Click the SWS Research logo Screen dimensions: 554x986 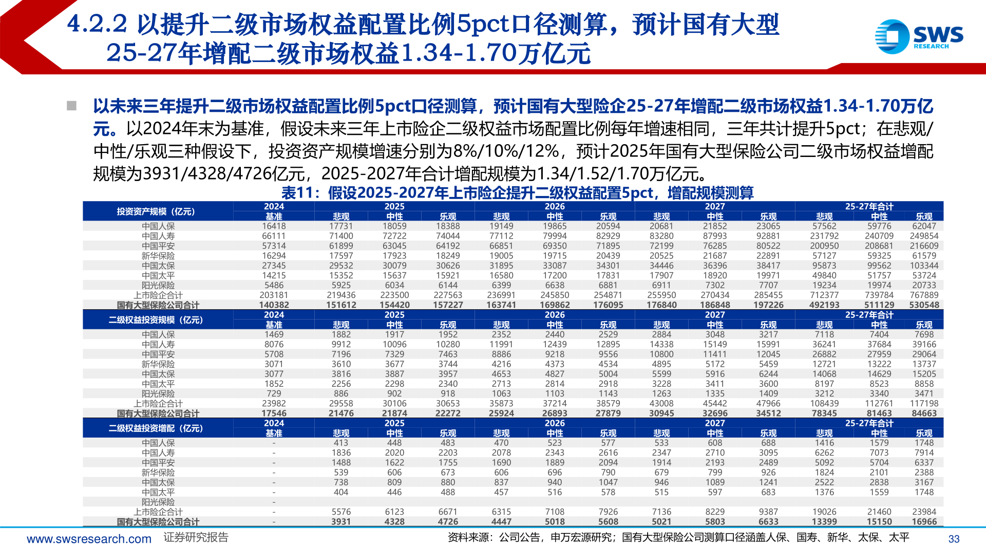click(919, 36)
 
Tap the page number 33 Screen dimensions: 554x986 click(954, 539)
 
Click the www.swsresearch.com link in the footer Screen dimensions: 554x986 click(89, 539)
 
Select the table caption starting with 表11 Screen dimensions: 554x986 click(517, 193)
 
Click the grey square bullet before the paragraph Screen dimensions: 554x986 click(71, 106)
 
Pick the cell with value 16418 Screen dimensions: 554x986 click(274, 226)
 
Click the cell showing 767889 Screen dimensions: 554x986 click(924, 295)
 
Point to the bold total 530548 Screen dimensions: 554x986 click(924, 305)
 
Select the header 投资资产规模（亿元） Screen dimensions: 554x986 click(156, 211)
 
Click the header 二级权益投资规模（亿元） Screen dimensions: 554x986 click(156, 320)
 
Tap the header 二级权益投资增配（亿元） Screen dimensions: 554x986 click(156, 428)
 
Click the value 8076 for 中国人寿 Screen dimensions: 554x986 click(274, 345)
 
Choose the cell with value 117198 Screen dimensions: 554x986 click(924, 404)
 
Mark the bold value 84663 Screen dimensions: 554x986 click(924, 413)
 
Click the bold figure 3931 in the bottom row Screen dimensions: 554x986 click(340, 522)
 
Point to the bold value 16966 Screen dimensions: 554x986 click(924, 522)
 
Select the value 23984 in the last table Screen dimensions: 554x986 click(924, 512)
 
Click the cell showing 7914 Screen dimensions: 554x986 click(924, 453)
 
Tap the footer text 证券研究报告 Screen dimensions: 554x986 click(196, 538)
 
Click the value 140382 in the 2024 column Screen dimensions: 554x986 click(274, 305)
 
